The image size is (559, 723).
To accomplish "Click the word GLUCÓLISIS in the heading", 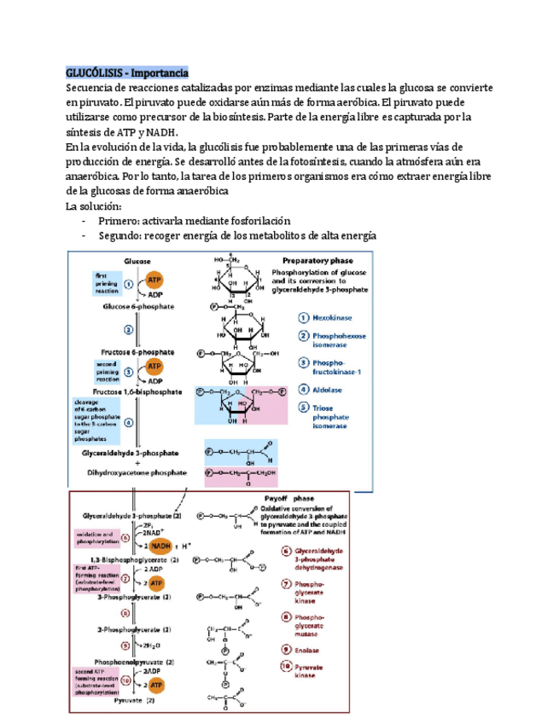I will (93, 73).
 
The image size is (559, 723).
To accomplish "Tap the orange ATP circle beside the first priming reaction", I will (154, 280).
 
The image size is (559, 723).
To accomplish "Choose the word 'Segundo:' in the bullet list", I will (125, 235).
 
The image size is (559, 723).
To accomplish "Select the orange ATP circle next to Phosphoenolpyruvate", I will (157, 685).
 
